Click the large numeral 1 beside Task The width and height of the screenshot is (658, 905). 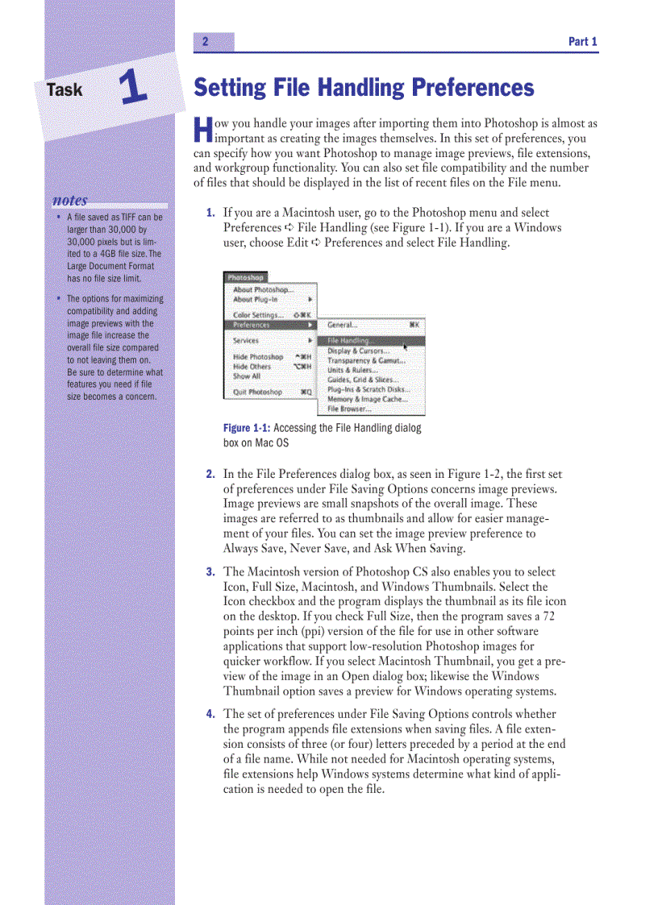click(x=133, y=87)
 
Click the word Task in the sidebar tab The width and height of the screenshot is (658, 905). click(x=65, y=89)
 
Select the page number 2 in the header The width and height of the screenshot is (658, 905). click(x=206, y=42)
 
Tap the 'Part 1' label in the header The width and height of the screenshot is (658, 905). click(x=582, y=42)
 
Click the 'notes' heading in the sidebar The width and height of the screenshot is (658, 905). click(x=70, y=200)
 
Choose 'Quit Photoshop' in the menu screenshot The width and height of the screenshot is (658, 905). click(x=257, y=392)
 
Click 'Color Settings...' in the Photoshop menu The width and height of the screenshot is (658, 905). click(x=258, y=315)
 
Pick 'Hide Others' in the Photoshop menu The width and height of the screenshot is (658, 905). click(x=252, y=367)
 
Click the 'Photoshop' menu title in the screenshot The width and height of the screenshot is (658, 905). click(x=245, y=278)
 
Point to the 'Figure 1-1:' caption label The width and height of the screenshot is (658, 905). click(x=247, y=429)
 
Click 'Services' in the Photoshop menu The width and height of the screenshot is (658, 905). click(x=246, y=341)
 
